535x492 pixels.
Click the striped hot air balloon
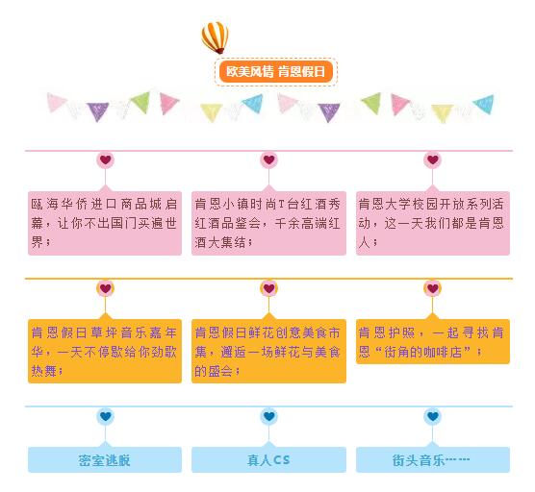pyautogui.click(x=215, y=37)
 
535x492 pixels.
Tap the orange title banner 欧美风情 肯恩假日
pyautogui.click(x=276, y=72)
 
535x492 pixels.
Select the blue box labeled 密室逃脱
pyautogui.click(x=105, y=459)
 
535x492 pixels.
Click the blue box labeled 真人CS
pyautogui.click(x=268, y=459)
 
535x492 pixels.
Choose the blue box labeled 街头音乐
pyautogui.click(x=433, y=459)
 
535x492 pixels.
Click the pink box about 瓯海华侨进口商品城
pyautogui.click(x=105, y=223)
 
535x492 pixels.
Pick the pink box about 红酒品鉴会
pyautogui.click(x=268, y=223)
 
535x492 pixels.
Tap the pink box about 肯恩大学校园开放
pyautogui.click(x=433, y=223)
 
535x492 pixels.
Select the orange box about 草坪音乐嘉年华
pyautogui.click(x=105, y=351)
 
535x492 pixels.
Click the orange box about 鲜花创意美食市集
pyautogui.click(x=268, y=351)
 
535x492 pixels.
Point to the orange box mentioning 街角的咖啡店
pyautogui.click(x=433, y=341)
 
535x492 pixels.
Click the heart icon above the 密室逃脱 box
pyautogui.click(x=106, y=416)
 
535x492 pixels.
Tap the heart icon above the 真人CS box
pyautogui.click(x=268, y=416)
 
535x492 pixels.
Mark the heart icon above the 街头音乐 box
pyautogui.click(x=433, y=416)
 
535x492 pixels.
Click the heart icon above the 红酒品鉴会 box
pyautogui.click(x=268, y=160)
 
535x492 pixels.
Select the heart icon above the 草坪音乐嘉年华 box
pyautogui.click(x=106, y=288)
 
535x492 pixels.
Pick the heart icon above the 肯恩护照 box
pyautogui.click(x=433, y=288)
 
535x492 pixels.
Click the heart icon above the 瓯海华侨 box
pyautogui.click(x=106, y=160)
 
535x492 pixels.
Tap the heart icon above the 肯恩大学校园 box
pyautogui.click(x=433, y=160)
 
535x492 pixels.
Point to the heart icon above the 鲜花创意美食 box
pyautogui.click(x=268, y=288)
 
